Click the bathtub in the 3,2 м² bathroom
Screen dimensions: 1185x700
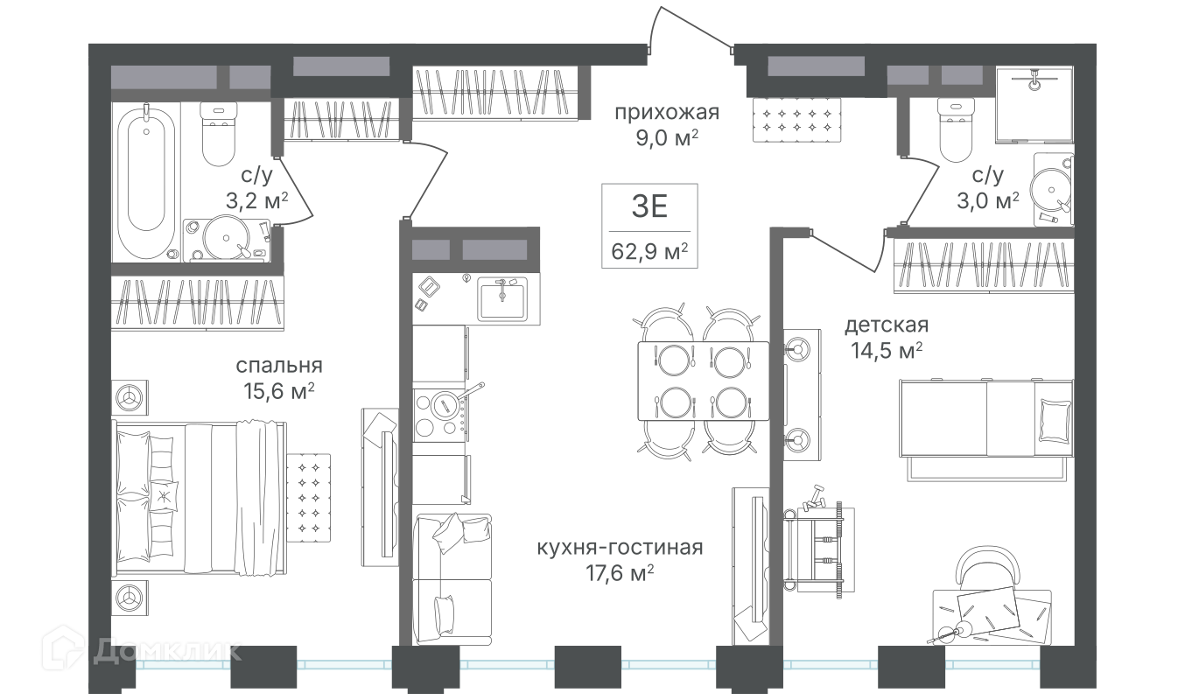point(146,181)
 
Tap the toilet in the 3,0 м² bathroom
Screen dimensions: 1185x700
point(956,129)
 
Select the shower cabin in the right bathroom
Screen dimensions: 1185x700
point(1034,105)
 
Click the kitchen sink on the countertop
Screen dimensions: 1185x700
point(502,299)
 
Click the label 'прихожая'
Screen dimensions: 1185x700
point(667,113)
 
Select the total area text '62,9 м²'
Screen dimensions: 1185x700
point(649,251)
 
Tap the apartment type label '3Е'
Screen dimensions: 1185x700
point(649,206)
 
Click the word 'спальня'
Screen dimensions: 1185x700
point(279,366)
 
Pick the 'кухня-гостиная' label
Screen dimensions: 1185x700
point(620,547)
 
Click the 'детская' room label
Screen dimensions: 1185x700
point(887,325)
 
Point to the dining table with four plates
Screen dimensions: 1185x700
point(704,381)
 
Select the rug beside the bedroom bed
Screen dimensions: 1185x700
point(309,498)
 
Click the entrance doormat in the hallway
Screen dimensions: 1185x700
point(796,120)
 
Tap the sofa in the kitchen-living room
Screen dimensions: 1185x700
point(452,578)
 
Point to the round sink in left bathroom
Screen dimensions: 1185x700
point(227,239)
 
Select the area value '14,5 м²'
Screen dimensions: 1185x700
point(887,350)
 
